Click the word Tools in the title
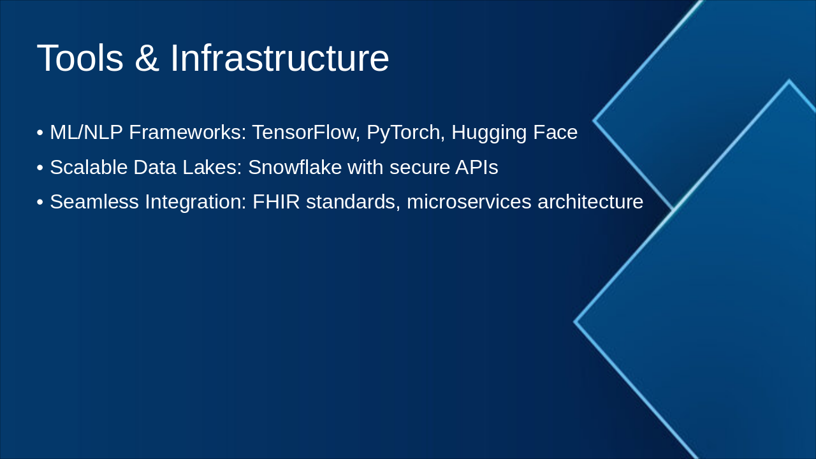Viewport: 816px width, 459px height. click(x=80, y=58)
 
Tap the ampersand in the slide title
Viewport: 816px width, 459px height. click(x=147, y=58)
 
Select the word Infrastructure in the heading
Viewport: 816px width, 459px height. click(x=279, y=58)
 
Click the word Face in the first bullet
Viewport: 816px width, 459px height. click(x=555, y=132)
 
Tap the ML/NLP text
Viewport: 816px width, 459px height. click(x=86, y=132)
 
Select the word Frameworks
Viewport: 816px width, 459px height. click(x=187, y=132)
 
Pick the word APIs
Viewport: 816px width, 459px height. click(x=476, y=167)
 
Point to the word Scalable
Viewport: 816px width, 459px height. click(x=89, y=167)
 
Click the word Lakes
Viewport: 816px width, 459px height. click(x=212, y=167)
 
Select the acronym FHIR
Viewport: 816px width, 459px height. click(x=276, y=201)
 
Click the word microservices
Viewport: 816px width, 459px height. click(x=469, y=201)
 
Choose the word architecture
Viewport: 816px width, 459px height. click(x=590, y=201)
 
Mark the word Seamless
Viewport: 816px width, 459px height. click(x=94, y=201)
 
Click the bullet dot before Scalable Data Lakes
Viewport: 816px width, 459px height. click(x=40, y=168)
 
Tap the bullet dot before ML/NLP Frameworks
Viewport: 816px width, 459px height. click(x=40, y=133)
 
